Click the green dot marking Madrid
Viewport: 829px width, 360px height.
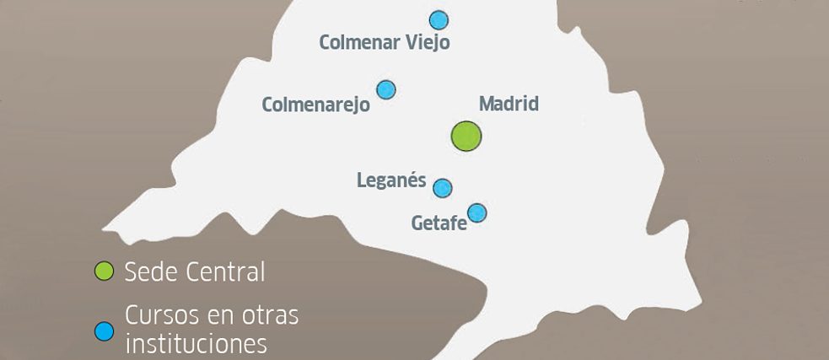(466, 136)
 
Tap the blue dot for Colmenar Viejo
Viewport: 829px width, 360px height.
(439, 19)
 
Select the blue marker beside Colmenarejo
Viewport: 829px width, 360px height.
(386, 89)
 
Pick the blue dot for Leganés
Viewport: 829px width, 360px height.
(443, 187)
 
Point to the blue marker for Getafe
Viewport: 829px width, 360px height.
(477, 212)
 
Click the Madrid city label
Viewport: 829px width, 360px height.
(509, 105)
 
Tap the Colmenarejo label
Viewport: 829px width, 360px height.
(315, 105)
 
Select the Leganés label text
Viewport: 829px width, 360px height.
(391, 180)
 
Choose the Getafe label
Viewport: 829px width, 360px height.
(439, 223)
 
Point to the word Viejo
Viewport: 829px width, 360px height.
(427, 42)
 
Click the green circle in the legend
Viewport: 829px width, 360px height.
(104, 271)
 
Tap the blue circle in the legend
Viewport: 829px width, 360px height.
(104, 331)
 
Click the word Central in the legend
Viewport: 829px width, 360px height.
(225, 272)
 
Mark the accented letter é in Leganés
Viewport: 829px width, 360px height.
(416, 180)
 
